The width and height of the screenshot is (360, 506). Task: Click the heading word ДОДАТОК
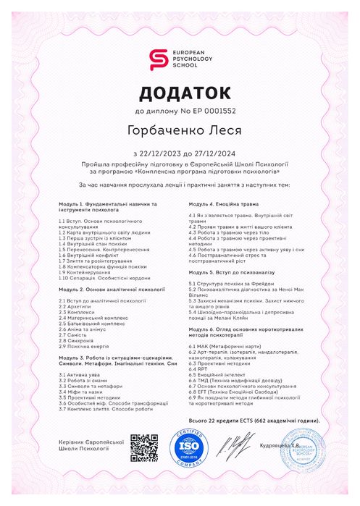point(180,93)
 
